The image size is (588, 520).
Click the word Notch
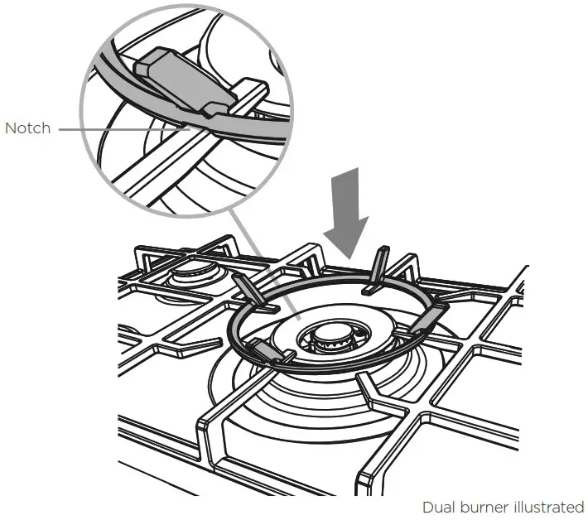pos(27,128)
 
